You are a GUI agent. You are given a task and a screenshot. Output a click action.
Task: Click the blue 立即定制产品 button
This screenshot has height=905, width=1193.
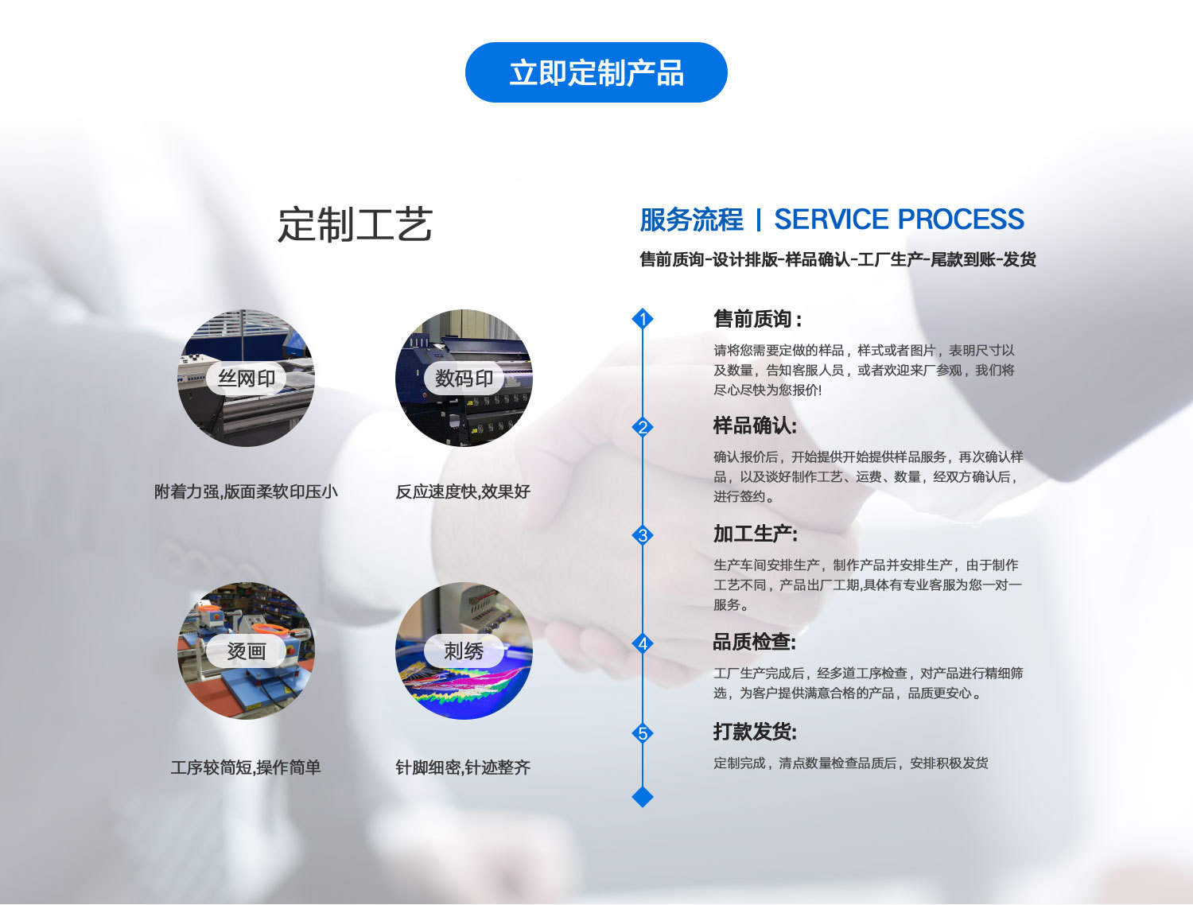(596, 72)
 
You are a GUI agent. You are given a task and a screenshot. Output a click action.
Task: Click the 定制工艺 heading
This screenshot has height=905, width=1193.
(355, 224)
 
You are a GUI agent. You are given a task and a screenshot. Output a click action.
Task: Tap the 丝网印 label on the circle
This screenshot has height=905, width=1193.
(247, 379)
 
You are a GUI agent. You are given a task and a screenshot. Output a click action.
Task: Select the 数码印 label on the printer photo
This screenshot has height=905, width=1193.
(464, 379)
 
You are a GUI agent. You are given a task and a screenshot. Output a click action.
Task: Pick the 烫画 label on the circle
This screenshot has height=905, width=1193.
(247, 651)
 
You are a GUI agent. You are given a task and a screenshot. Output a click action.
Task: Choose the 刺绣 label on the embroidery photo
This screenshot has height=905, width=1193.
(464, 651)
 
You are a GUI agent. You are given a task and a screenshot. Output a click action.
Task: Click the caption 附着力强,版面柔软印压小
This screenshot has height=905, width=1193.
(246, 491)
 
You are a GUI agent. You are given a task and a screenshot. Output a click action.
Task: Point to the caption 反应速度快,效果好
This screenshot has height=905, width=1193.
(463, 491)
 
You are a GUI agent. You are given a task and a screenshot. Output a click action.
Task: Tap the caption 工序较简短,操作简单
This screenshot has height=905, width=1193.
(246, 767)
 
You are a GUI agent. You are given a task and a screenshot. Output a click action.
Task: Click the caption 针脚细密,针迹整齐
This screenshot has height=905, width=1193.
(463, 767)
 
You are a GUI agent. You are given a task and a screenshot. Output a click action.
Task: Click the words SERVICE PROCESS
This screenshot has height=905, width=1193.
(899, 219)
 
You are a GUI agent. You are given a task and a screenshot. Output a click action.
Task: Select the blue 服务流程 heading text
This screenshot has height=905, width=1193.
(691, 219)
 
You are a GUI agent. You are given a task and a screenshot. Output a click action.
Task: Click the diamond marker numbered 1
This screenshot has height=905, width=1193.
(643, 319)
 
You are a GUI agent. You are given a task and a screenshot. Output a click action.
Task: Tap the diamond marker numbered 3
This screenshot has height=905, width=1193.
(643, 535)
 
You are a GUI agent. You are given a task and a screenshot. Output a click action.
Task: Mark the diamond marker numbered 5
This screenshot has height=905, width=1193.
(643, 733)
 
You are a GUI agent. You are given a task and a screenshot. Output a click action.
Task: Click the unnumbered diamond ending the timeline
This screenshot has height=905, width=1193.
(643, 796)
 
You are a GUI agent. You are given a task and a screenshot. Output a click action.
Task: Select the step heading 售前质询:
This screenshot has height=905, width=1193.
(757, 319)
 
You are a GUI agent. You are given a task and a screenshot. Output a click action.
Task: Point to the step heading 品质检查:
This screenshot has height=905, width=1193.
(754, 642)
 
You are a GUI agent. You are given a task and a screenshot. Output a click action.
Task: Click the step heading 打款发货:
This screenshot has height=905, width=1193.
(755, 732)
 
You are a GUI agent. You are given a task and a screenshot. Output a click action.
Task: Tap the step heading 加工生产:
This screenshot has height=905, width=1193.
(755, 534)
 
